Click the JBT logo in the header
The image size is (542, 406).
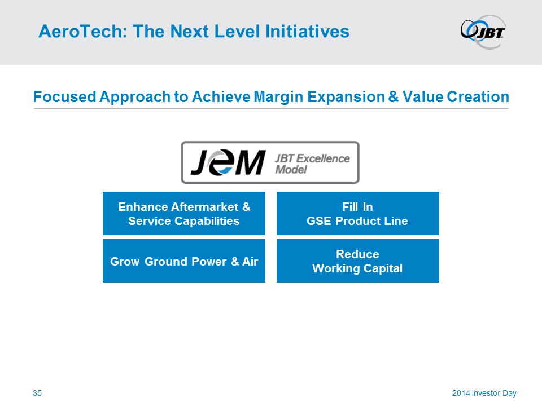(x=483, y=32)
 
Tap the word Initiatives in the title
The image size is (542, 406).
(x=307, y=32)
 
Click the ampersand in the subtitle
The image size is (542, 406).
(x=394, y=96)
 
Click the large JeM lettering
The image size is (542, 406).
(x=228, y=162)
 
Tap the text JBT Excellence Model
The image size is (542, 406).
(x=312, y=164)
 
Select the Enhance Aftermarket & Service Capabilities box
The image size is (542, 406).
(x=184, y=213)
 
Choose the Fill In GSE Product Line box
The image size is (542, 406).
(x=358, y=213)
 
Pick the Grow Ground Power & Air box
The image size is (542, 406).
(x=184, y=261)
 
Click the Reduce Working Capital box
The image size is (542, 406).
(x=358, y=261)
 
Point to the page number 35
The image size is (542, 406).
(x=37, y=393)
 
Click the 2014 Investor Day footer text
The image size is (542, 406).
(x=484, y=393)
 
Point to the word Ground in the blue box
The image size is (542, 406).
(x=166, y=262)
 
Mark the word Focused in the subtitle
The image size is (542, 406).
(x=64, y=96)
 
